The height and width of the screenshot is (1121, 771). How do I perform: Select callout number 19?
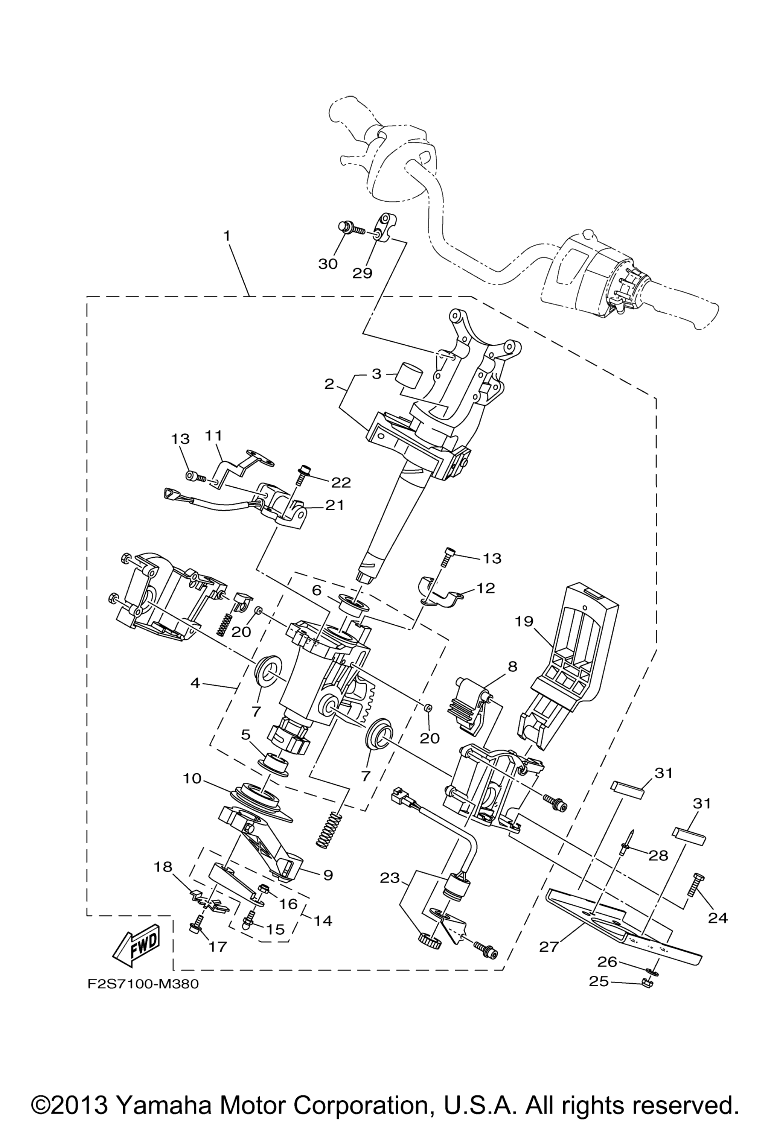coord(524,621)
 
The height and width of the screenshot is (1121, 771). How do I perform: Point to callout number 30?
coord(328,264)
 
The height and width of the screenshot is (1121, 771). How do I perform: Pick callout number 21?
coord(334,505)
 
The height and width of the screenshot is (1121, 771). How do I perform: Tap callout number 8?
coord(512,667)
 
